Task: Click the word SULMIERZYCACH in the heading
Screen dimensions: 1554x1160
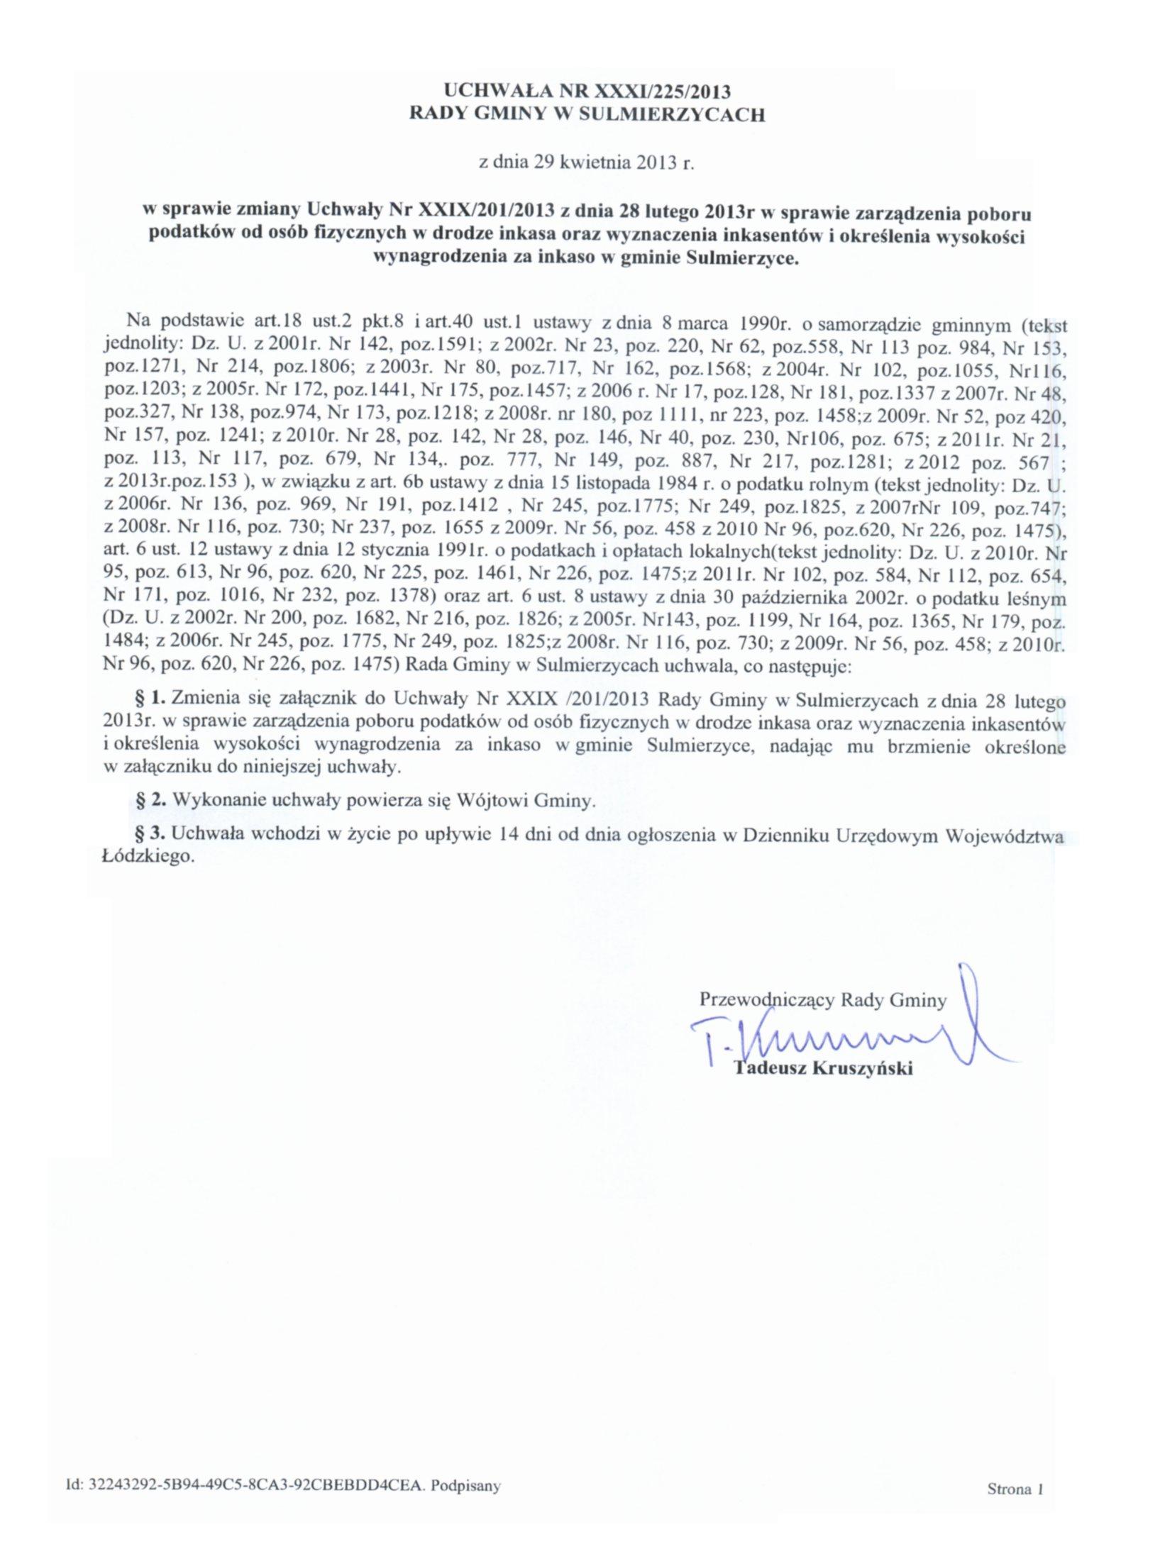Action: point(673,115)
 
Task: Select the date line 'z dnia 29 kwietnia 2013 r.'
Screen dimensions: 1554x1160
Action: point(585,162)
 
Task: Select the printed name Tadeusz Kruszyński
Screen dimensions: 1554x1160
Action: point(824,1068)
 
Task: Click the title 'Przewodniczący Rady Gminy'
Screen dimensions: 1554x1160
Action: point(822,1001)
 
